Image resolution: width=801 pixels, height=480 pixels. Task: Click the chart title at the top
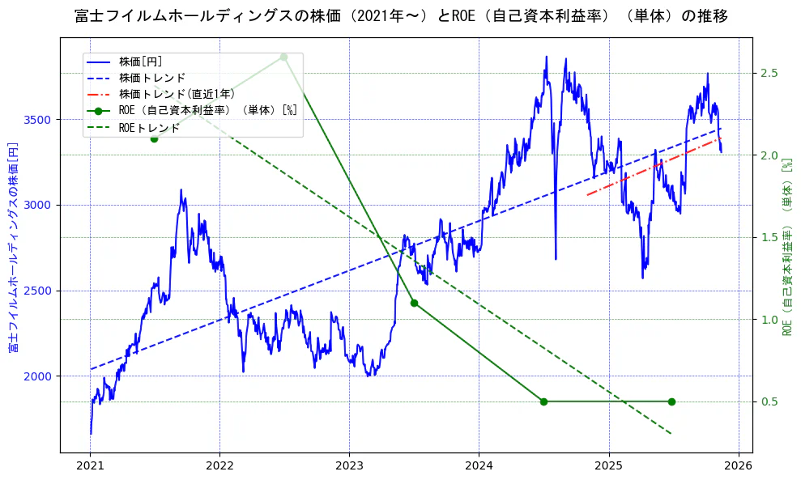400,16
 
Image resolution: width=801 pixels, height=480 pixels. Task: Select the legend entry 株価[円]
141,61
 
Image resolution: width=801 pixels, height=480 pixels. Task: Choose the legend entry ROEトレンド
149,127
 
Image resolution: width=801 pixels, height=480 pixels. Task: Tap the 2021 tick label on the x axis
90,465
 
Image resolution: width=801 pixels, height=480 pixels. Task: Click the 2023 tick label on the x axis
349,465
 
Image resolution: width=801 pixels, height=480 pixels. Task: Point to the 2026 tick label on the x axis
738,465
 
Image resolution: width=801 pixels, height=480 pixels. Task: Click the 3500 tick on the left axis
39,120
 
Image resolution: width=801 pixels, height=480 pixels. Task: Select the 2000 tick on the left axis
39,376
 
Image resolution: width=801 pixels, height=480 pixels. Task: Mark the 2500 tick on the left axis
39,291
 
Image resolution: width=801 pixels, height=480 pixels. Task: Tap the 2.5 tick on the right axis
770,73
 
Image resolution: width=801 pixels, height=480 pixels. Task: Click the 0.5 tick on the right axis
770,401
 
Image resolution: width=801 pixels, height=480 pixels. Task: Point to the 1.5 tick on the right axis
770,237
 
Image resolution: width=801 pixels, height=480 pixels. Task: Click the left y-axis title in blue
13,247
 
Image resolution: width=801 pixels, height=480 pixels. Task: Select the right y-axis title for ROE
786,247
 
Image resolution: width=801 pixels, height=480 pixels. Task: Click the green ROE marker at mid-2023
414,303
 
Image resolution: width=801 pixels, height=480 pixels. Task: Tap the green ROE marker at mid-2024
543,401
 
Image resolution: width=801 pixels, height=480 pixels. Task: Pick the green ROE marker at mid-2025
671,401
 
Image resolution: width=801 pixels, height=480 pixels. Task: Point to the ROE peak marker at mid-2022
283,57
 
